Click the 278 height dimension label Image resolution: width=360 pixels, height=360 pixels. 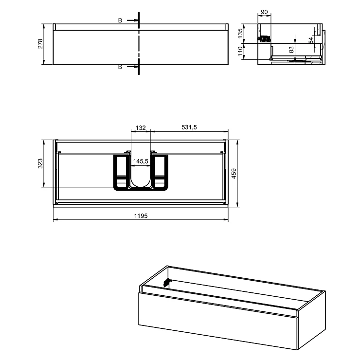(x=40, y=44)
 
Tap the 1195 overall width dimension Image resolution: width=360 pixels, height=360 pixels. (x=141, y=216)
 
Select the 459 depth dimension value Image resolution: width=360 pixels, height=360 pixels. (x=234, y=173)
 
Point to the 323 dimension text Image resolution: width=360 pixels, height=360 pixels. (x=40, y=163)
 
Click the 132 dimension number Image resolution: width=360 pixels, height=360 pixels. (x=141, y=127)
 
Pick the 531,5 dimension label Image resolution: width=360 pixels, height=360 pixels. (x=189, y=127)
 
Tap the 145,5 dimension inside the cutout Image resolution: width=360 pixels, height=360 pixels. (x=141, y=161)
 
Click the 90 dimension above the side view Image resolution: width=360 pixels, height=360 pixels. (x=264, y=12)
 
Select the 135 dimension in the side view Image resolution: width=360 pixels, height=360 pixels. (x=240, y=33)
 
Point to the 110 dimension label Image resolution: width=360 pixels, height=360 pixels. (x=240, y=51)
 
